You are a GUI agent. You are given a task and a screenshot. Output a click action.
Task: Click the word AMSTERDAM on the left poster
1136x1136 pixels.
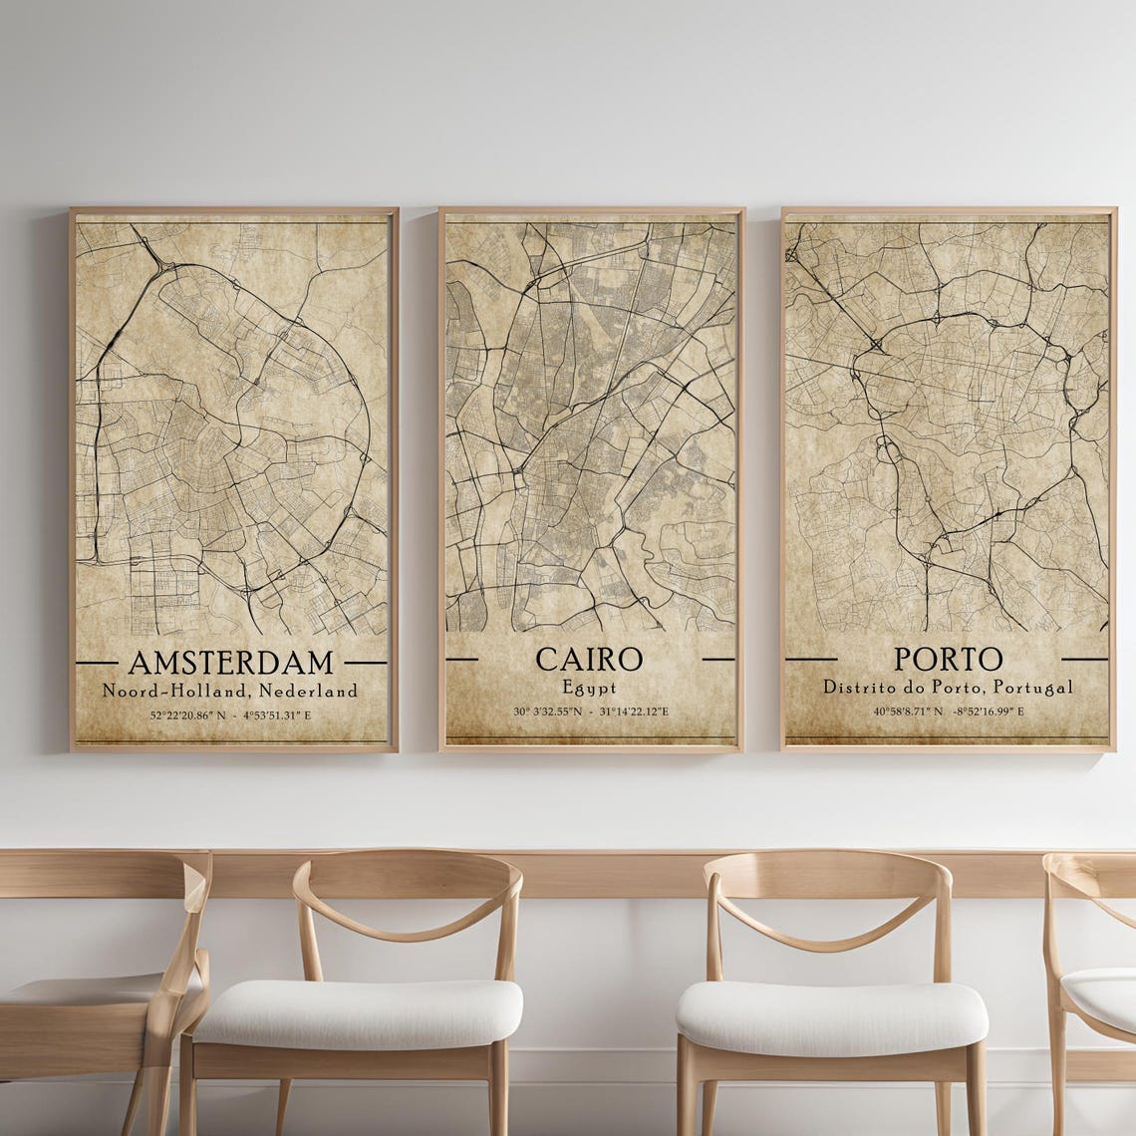coord(230,662)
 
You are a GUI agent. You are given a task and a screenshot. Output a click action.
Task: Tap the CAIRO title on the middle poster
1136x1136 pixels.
coord(589,659)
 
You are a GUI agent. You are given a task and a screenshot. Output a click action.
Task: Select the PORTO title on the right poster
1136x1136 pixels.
coord(948,659)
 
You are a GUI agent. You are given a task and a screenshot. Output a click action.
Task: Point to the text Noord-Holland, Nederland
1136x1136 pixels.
coord(230,690)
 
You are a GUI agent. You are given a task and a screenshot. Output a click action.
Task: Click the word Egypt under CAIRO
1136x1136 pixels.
coord(589,687)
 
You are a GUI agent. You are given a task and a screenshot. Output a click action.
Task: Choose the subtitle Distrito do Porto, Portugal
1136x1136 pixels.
coord(948,687)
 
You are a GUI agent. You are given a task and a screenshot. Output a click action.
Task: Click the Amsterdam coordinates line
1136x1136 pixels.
coord(230,715)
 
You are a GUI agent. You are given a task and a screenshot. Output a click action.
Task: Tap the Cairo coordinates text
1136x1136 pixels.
coord(591,711)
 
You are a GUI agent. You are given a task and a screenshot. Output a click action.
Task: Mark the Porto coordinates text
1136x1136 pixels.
coord(948,711)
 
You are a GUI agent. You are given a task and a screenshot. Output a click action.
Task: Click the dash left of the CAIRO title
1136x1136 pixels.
coord(461,659)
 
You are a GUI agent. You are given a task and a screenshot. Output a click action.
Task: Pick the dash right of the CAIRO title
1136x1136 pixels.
coord(717,659)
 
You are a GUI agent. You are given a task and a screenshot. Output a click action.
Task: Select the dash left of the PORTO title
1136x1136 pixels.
coord(810,659)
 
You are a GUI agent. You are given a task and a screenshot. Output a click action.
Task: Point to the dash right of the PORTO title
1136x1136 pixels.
coord(1084,659)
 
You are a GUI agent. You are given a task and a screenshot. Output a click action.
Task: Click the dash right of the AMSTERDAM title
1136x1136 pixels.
coord(365,662)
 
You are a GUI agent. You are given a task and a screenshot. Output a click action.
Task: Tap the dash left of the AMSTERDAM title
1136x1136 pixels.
coord(97,662)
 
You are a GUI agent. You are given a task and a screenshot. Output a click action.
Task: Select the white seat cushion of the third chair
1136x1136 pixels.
coord(831,1016)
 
